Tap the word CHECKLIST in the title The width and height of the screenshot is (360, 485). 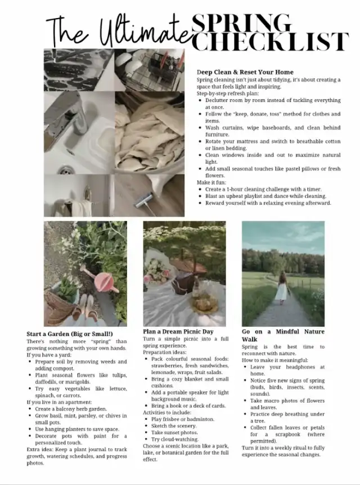pos(270,43)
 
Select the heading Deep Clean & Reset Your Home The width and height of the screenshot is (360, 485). pos(245,72)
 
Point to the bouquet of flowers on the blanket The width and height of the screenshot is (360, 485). pos(157,270)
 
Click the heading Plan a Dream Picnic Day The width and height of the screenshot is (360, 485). pos(178,331)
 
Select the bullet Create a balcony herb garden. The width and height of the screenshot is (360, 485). pos(71,409)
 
